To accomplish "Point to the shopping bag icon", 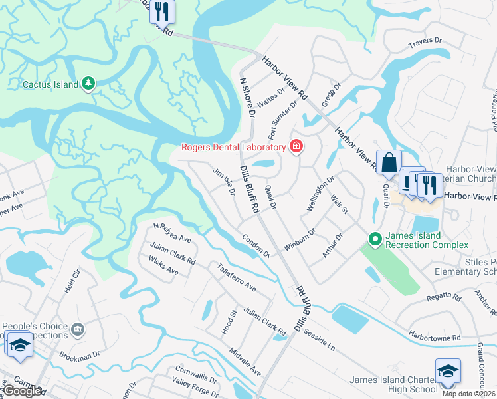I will pyautogui.click(x=389, y=162).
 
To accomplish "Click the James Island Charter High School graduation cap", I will pyautogui.click(x=448, y=370).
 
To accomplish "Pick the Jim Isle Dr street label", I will pyautogui.click(x=224, y=182).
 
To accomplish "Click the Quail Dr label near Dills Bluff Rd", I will pyautogui.click(x=270, y=197).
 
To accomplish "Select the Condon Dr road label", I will pyautogui.click(x=256, y=245).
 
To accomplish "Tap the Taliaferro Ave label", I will pyautogui.click(x=237, y=277).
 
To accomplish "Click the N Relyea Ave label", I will pyautogui.click(x=171, y=231).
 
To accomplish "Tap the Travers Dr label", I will pyautogui.click(x=425, y=41).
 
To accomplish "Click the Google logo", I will pyautogui.click(x=22, y=391).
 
